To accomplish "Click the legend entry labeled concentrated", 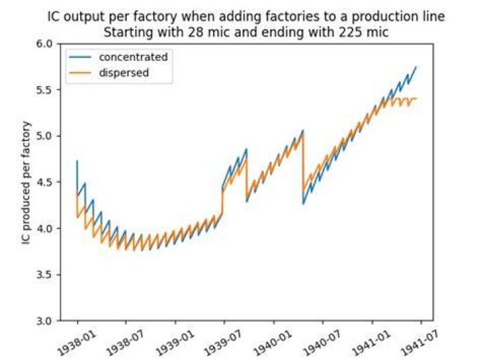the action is coord(133,57).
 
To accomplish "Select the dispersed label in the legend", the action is coord(124,73).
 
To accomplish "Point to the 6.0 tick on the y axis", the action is coord(45,44).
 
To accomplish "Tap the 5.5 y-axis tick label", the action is coord(45,90).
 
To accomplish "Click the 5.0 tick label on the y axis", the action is coord(45,136).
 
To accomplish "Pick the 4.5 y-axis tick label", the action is coord(45,182).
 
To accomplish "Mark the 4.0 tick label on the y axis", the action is coord(45,228).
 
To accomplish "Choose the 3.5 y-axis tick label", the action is coord(45,275).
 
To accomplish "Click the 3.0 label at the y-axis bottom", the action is coord(45,321).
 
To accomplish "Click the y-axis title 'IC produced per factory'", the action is coord(26,183).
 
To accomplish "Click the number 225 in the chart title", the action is coord(349,32).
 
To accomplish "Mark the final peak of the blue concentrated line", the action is coord(416,66).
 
